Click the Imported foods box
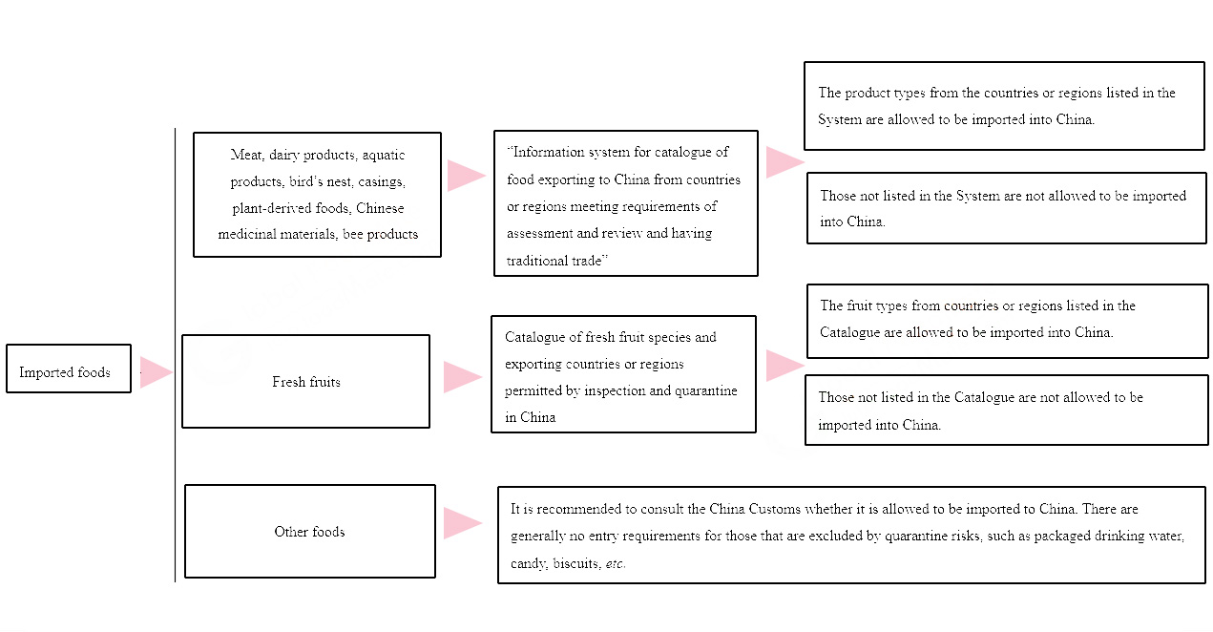click(69, 369)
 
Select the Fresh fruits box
click(306, 381)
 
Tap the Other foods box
click(310, 531)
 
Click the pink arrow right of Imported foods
click(156, 372)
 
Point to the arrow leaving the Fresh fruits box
click(463, 377)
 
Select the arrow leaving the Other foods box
click(463, 523)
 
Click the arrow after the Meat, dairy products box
click(467, 176)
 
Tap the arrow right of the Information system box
click(785, 162)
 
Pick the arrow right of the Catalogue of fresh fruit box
click(785, 366)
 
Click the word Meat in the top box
click(246, 155)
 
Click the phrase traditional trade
click(557, 261)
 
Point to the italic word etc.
click(616, 564)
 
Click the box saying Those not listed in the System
click(1007, 208)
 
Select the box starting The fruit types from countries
click(1007, 321)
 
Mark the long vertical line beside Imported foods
click(175, 355)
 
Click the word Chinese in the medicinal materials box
click(380, 208)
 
